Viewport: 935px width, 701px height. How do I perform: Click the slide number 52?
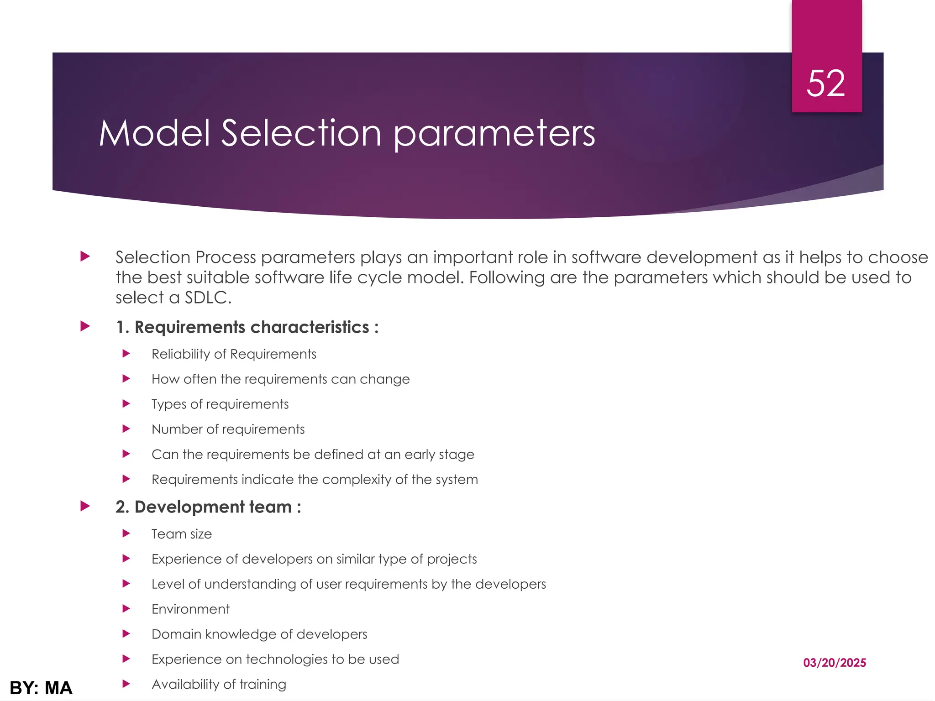826,84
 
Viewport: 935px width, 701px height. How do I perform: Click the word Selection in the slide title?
301,133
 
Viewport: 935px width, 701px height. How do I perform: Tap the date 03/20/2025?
834,663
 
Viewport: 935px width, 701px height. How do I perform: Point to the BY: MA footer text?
41,688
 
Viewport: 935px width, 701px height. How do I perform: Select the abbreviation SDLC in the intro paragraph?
208,298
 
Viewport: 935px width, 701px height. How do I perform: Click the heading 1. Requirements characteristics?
247,327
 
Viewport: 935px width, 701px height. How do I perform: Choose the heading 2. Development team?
208,507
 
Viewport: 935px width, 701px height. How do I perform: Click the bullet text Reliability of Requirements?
234,354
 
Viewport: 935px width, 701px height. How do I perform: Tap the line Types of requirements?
220,404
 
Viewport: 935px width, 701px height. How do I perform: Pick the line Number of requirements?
228,429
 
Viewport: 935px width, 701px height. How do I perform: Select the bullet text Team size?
182,534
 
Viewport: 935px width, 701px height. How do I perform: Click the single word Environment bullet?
190,609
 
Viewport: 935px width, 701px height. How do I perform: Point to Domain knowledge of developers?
259,634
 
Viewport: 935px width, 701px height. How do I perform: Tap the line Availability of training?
219,685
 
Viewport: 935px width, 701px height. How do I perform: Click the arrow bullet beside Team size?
126,534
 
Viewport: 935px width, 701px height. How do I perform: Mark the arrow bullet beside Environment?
126,609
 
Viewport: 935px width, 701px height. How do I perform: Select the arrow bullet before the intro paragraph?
85,256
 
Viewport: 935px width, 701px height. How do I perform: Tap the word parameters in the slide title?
494,134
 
